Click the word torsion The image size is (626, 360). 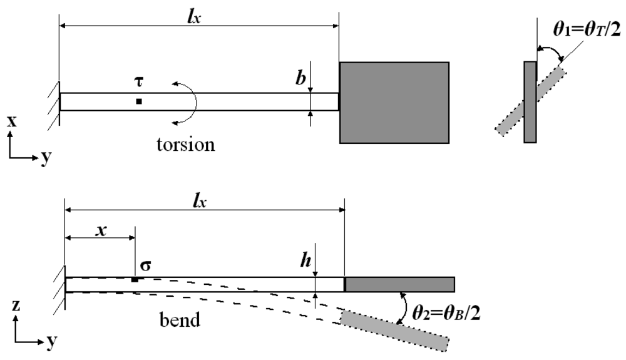(185, 145)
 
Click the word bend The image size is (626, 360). (180, 321)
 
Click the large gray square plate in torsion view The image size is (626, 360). (394, 103)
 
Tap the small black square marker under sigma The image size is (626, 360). (135, 279)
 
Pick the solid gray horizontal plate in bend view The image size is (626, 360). (400, 284)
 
